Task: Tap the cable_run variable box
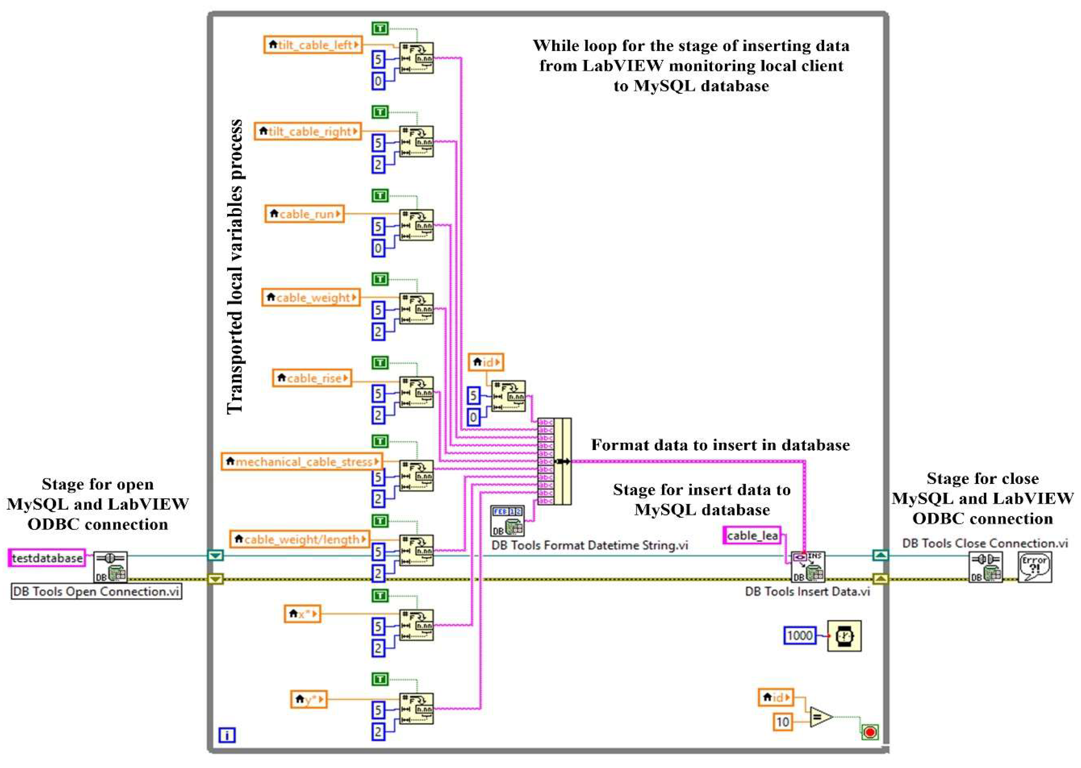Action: coord(304,214)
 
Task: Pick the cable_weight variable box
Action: coord(310,298)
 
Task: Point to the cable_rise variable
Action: coord(312,378)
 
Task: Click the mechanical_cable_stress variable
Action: coord(301,462)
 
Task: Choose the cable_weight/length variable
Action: coord(299,539)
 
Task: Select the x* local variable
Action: coord(302,614)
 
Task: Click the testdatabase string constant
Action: coord(47,558)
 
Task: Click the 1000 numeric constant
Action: coord(800,635)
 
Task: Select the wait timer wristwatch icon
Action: coord(844,635)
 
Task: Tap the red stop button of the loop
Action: coord(870,732)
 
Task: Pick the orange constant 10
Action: coord(783,722)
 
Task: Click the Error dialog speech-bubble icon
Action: coord(1035,566)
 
